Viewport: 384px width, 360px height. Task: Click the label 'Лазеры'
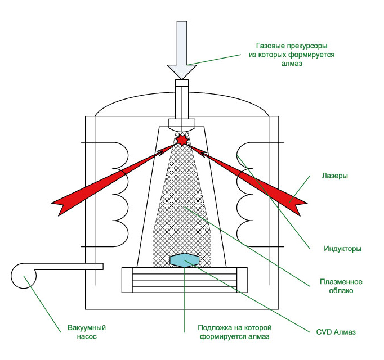point(335,175)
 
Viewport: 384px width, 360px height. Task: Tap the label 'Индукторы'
point(342,249)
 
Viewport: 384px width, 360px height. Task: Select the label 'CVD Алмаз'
point(336,332)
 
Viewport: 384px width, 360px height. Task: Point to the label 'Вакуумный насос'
point(87,332)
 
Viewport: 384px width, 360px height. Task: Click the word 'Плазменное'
point(341,282)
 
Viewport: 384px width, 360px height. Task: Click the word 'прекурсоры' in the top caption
point(307,46)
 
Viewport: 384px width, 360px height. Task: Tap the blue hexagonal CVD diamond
point(185,260)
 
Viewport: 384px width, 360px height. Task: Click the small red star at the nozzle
point(182,140)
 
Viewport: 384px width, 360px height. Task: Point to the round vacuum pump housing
point(24,276)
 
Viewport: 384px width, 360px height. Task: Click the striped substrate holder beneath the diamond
point(185,280)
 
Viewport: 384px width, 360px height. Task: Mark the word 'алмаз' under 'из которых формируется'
point(292,64)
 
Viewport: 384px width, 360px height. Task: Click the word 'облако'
point(341,290)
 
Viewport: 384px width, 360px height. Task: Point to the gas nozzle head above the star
point(182,125)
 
